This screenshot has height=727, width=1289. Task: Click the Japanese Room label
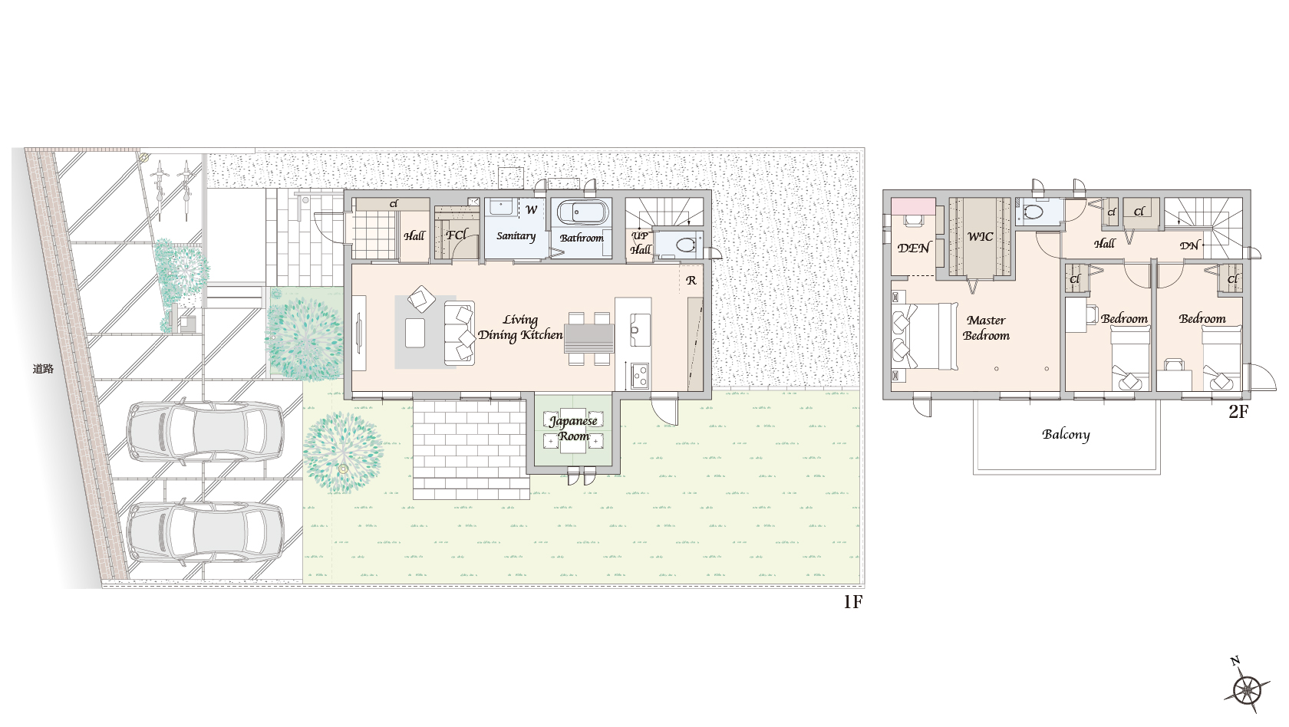tap(573, 429)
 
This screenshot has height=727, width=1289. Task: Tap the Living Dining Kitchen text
tap(520, 328)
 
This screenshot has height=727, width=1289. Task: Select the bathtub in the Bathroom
tap(582, 213)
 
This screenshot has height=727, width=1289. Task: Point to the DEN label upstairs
tap(913, 248)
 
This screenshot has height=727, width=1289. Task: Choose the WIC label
tap(980, 236)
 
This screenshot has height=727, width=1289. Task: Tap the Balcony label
tap(1066, 435)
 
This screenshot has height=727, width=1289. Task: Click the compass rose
tap(1246, 688)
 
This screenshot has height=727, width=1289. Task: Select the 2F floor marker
tap(1238, 412)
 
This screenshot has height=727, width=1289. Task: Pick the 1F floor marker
tap(853, 601)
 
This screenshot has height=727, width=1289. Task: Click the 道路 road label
tap(43, 369)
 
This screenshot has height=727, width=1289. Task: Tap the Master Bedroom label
tap(987, 328)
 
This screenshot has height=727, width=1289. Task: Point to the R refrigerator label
tap(691, 280)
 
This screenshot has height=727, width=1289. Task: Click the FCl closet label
tap(457, 235)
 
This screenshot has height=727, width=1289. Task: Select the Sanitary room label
tap(516, 236)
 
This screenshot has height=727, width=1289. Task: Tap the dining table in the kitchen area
tap(588, 338)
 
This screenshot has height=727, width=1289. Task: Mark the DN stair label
tap(1188, 245)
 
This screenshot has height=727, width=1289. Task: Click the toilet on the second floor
tap(1033, 212)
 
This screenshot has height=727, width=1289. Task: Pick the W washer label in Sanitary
tap(531, 210)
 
